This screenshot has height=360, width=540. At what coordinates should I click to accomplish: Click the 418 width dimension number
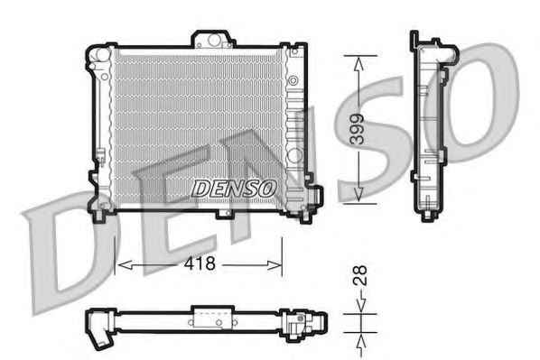point(200,263)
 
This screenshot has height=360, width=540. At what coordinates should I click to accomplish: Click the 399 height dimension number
point(357,129)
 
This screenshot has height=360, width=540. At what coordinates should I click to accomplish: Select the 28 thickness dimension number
point(360,276)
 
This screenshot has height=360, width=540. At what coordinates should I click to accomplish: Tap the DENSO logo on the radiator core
point(234,189)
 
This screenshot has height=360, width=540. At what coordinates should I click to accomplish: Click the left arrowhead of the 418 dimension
point(125,265)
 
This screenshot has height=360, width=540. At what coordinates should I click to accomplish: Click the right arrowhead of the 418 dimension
point(275,265)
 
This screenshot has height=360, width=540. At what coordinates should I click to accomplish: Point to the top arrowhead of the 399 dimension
point(358,63)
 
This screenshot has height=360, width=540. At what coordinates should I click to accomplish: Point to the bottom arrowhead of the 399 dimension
point(358,195)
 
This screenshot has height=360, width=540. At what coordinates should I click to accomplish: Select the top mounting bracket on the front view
point(213,39)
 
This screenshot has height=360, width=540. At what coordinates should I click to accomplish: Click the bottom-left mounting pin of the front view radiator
point(98,214)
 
